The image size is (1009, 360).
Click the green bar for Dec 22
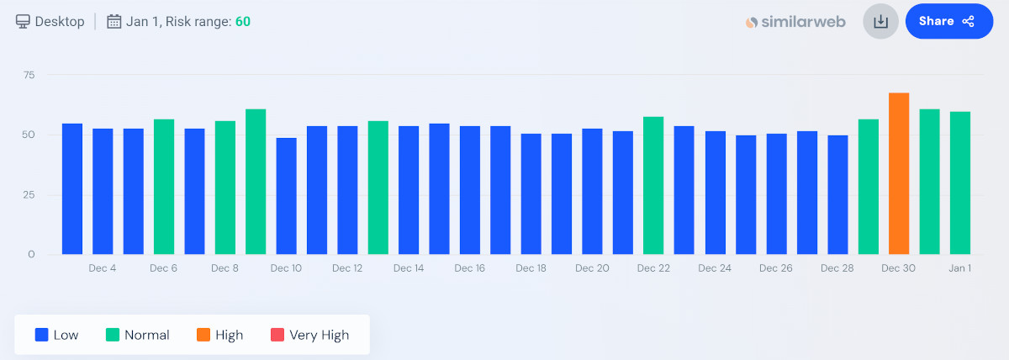click(x=653, y=185)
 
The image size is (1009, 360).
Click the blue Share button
click(x=949, y=21)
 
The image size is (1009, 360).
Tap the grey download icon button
click(x=880, y=21)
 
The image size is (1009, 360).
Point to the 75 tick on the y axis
click(x=29, y=75)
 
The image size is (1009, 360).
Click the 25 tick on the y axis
click(x=29, y=194)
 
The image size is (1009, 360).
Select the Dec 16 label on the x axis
click(x=469, y=268)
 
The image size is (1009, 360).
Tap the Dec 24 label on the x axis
click(x=715, y=268)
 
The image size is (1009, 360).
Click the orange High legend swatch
click(x=203, y=335)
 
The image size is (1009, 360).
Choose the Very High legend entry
click(x=309, y=335)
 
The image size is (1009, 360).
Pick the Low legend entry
click(x=56, y=335)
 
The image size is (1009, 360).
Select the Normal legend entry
click(x=137, y=335)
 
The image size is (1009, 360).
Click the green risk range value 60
click(x=242, y=21)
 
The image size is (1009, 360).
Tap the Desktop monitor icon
click(x=24, y=21)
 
